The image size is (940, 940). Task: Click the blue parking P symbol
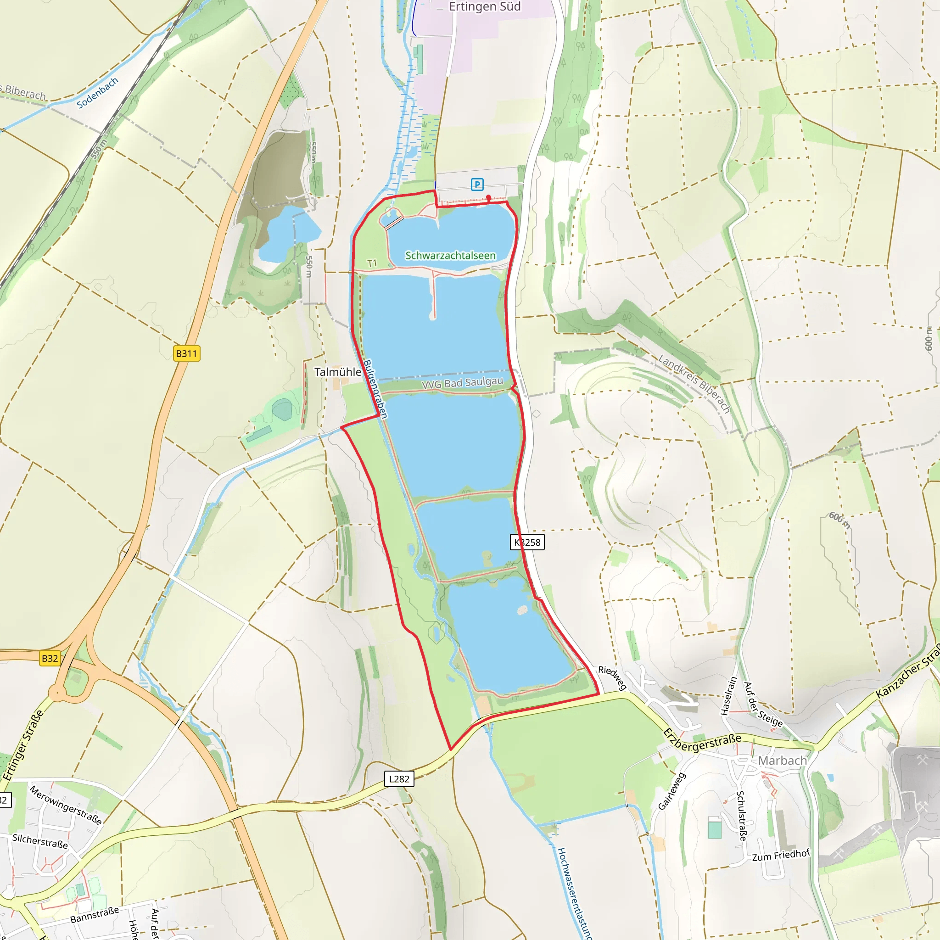tap(477, 185)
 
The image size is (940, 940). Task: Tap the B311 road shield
tap(186, 354)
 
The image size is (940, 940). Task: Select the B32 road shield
tap(50, 658)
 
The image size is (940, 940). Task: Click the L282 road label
tap(399, 778)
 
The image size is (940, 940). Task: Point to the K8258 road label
tap(527, 542)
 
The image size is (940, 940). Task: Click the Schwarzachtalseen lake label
tap(450, 256)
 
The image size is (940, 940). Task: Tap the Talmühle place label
tap(338, 372)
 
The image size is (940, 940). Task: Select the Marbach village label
tap(782, 761)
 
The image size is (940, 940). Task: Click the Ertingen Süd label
tap(485, 7)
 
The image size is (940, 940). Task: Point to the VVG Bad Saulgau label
tap(462, 383)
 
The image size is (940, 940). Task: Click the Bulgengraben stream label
tap(375, 389)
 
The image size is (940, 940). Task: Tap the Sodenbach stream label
tap(97, 93)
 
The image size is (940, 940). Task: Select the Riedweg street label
tap(612, 678)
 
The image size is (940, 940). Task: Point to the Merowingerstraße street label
tap(66, 805)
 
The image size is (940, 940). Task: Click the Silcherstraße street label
tap(40, 841)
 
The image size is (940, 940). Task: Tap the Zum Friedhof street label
tap(780, 855)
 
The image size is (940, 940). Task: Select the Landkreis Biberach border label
tap(694, 384)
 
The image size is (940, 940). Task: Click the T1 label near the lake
tap(372, 263)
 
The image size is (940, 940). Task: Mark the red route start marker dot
tap(488, 197)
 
